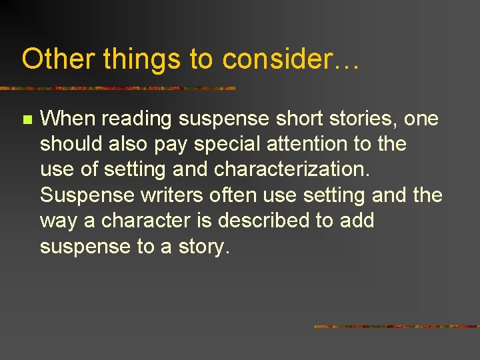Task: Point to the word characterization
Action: [x=291, y=169]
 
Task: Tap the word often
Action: [x=228, y=195]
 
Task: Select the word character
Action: [x=147, y=220]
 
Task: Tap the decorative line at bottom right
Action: [x=397, y=327]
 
